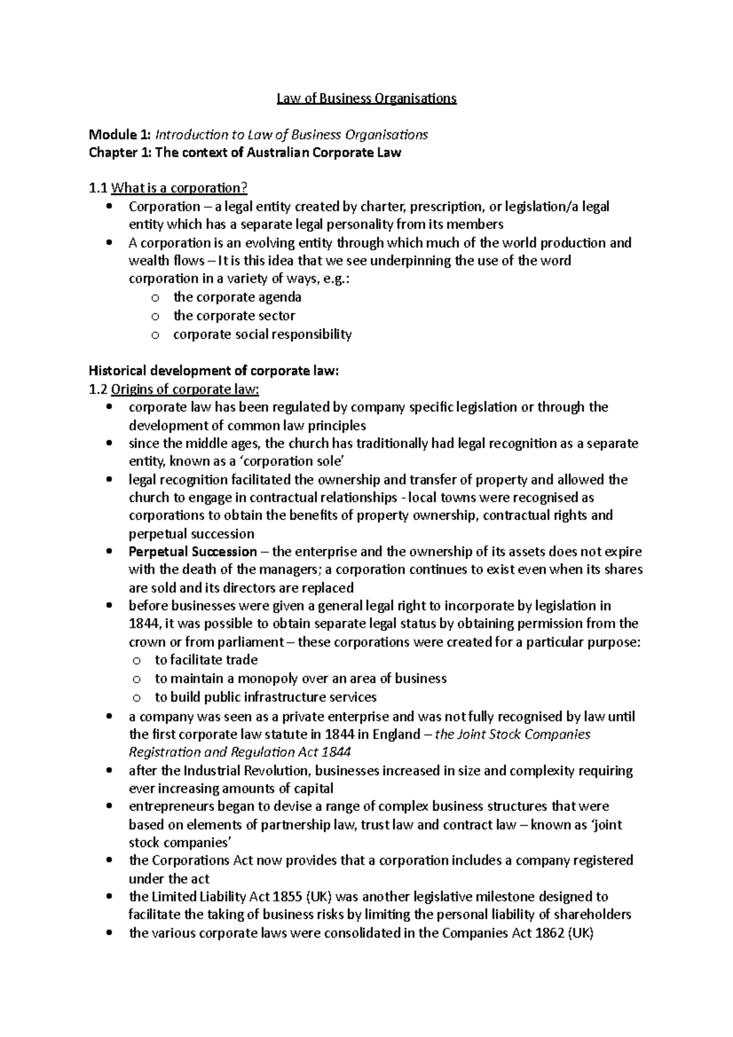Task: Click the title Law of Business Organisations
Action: [366, 98]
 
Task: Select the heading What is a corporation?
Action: [178, 188]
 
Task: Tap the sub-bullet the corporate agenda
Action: [237, 297]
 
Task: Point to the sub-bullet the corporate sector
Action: [234, 316]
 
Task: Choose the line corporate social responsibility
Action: [262, 334]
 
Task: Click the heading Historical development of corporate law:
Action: [213, 371]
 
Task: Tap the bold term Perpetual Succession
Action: [192, 552]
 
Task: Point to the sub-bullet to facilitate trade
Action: [206, 660]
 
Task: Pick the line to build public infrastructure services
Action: [265, 697]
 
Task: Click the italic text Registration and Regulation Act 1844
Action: [240, 752]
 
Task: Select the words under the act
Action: [169, 879]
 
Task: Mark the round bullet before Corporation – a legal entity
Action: [109, 206]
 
